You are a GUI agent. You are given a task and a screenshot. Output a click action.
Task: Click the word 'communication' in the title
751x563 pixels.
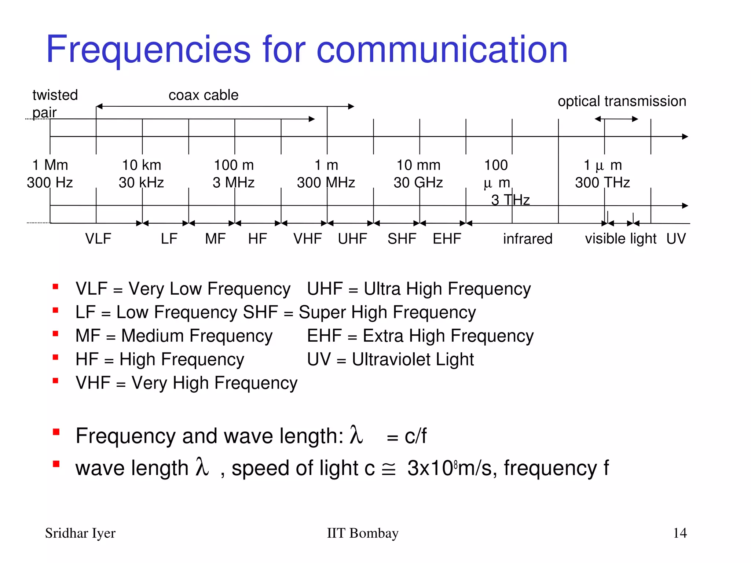[442, 49]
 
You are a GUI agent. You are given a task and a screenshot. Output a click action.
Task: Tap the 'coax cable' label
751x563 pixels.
[204, 95]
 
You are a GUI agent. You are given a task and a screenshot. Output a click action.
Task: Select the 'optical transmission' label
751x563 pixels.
[622, 101]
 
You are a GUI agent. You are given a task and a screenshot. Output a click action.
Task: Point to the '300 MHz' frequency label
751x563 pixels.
[326, 183]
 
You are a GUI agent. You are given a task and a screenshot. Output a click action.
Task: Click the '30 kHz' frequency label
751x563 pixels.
[141, 183]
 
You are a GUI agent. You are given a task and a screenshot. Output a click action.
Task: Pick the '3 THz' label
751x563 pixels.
[510, 200]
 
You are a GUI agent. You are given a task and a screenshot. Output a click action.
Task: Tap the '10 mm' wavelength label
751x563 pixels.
[418, 165]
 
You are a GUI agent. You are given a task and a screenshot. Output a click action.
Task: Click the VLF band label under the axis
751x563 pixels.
[98, 239]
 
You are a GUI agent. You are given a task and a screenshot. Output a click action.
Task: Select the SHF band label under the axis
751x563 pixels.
[402, 239]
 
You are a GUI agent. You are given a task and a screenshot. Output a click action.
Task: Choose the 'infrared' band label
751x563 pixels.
[528, 239]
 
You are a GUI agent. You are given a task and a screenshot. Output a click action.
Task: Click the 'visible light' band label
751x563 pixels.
[620, 239]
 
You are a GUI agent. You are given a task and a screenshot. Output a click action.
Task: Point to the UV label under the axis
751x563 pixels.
[676, 239]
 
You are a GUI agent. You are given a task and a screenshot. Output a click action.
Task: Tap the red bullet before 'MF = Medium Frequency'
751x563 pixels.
[56, 334]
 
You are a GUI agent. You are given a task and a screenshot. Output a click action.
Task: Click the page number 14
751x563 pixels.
[680, 533]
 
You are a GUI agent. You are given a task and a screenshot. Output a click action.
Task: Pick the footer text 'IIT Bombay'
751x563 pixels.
[363, 533]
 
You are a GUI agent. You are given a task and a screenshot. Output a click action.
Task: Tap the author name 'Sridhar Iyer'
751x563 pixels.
[80, 533]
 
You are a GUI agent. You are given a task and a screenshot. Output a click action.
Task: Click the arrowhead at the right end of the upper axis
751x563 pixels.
[685, 137]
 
